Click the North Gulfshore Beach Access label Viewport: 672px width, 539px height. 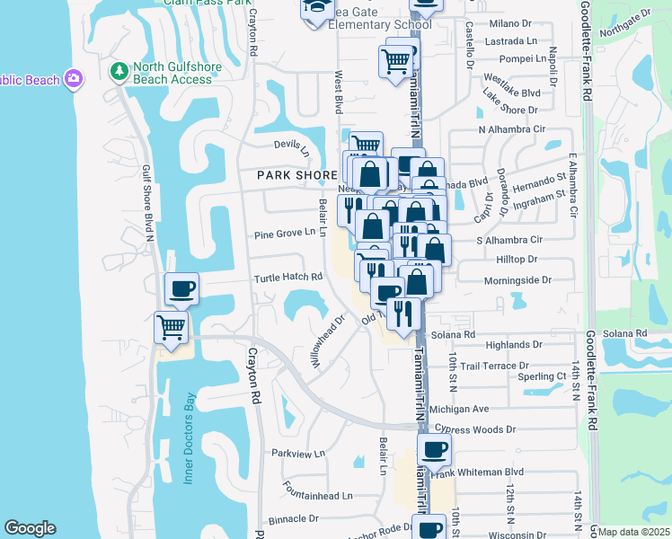[172, 73]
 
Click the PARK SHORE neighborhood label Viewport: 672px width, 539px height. [285, 175]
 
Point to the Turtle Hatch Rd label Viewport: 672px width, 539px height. [287, 278]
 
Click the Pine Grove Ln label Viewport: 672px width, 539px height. [286, 232]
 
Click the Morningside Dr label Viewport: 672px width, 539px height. [517, 280]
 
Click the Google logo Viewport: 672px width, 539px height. [30, 528]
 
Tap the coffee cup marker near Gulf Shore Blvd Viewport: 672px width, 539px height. [181, 289]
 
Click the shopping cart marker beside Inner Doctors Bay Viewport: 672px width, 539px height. [171, 327]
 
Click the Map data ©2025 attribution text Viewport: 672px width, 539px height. [634, 532]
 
